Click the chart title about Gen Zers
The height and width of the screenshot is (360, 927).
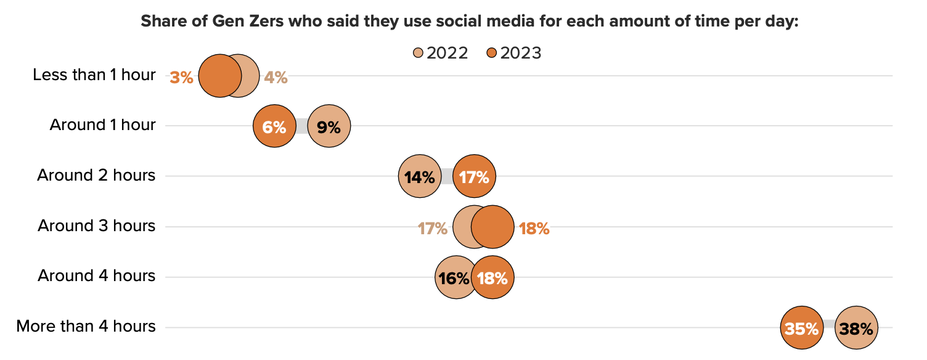[470, 21]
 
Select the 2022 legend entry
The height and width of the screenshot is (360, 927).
[441, 53]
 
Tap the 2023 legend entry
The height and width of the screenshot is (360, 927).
[514, 53]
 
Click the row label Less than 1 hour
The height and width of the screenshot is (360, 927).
[94, 75]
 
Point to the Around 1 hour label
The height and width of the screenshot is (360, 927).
[102, 125]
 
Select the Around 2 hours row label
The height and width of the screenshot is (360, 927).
[96, 176]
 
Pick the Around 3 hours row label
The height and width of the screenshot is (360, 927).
[96, 226]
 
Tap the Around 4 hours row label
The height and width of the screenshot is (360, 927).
[96, 276]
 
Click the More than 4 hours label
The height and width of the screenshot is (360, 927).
[86, 326]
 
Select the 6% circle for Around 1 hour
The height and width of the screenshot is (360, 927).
[274, 127]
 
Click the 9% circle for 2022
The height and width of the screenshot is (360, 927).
[329, 127]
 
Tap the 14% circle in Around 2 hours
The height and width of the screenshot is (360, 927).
[420, 177]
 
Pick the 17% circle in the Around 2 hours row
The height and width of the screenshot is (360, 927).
[474, 177]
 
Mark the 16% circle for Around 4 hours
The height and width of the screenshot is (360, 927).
[455, 278]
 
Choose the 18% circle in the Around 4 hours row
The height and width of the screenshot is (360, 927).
[492, 278]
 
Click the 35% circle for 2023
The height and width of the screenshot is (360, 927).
[802, 329]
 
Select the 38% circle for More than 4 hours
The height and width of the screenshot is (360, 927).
[856, 329]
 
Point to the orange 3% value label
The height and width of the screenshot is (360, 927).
[182, 78]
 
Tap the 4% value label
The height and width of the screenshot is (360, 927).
[276, 78]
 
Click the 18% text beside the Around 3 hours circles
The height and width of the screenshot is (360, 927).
[533, 228]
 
